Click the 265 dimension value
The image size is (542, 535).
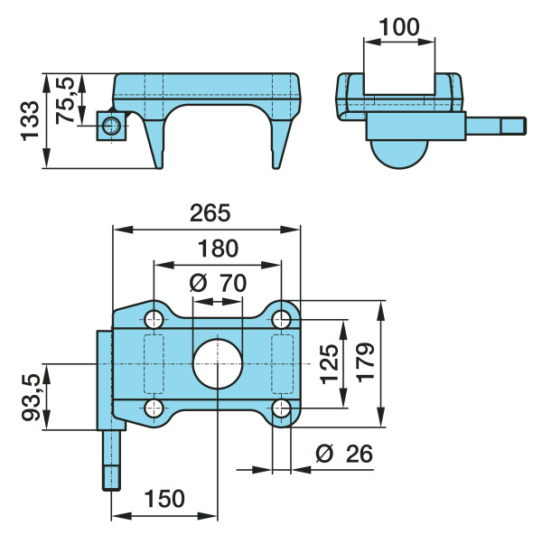[x=210, y=213]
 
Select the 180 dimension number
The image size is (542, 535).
[x=218, y=249]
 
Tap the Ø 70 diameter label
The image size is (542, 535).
[x=218, y=283]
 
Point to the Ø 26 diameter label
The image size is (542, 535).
[x=344, y=454]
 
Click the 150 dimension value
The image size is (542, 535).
[x=164, y=499]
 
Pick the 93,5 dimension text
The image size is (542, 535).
[x=32, y=398]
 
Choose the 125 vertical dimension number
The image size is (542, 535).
[x=330, y=364]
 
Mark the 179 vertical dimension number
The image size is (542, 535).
[x=365, y=362]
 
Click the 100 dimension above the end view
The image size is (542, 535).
[x=399, y=27]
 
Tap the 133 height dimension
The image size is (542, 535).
[x=31, y=121]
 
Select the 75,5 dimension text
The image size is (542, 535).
[x=65, y=100]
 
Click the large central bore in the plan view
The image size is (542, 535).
[x=218, y=364]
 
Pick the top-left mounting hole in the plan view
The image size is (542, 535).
[x=154, y=319]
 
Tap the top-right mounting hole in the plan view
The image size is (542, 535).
[x=281, y=319]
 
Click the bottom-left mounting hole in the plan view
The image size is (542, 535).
[x=154, y=408]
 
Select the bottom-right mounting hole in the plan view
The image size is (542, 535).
[x=281, y=408]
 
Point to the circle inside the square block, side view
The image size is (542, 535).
[x=112, y=126]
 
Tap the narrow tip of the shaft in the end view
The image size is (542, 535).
[x=514, y=126]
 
